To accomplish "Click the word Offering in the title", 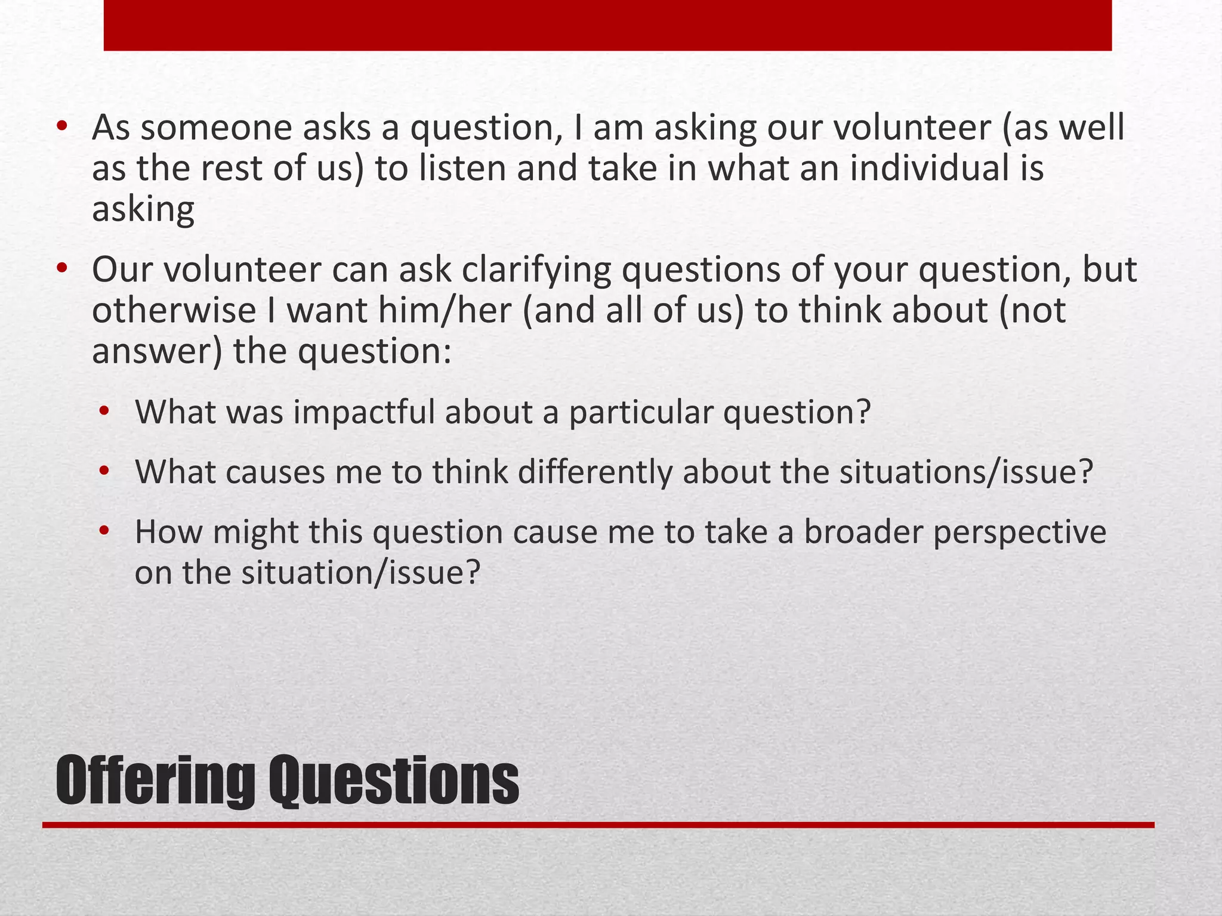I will tap(154, 781).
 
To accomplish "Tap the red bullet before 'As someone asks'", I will tap(62, 127).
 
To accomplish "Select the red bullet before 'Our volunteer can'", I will tap(62, 269).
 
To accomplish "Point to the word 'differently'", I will tap(594, 472).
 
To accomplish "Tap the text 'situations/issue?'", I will tap(966, 472).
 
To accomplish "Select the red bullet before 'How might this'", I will tap(105, 531).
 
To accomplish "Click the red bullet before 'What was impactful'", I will tap(105, 411).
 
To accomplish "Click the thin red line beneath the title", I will tap(597, 825).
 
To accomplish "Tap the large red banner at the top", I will tap(607, 25).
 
